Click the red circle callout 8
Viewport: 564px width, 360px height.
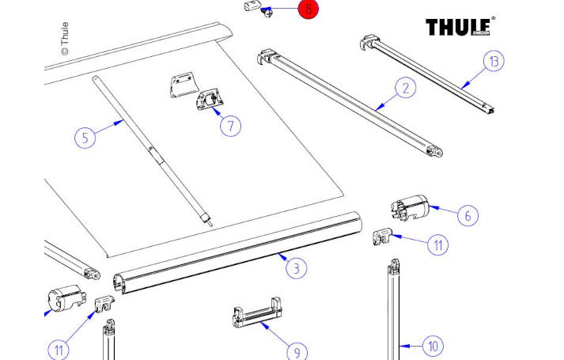(x=308, y=10)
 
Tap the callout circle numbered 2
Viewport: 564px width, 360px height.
(x=405, y=89)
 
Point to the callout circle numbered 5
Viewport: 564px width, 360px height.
(x=86, y=138)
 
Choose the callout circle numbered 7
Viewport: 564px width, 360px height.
(x=229, y=125)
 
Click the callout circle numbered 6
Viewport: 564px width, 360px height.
(x=467, y=214)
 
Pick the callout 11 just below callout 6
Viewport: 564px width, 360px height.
(x=437, y=245)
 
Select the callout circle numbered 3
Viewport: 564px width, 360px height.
(x=295, y=268)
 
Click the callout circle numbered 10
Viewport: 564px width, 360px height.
(x=433, y=346)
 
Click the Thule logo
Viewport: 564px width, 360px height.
(x=460, y=27)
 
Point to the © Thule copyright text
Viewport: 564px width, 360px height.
(x=65, y=39)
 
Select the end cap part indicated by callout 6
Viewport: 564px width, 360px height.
(x=409, y=208)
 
